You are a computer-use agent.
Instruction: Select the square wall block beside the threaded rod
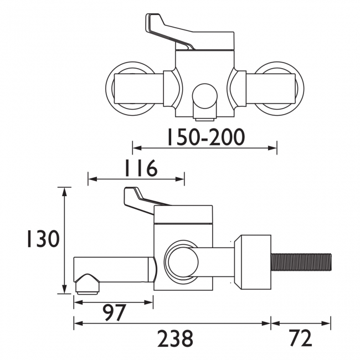coord(253,262)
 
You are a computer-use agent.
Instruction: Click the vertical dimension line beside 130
coord(66,240)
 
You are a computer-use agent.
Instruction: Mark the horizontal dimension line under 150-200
coord(204,148)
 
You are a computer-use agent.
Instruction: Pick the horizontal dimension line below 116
coord(136,179)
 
